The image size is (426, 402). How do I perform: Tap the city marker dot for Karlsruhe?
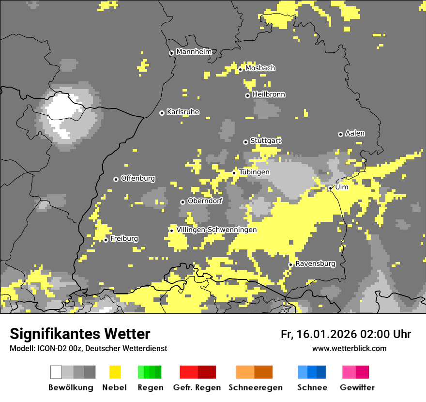tap(162, 113)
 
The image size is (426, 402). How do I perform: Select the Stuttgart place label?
tap(265, 140)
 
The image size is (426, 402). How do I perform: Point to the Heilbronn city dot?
tap(248, 95)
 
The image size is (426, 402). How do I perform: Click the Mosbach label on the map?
tap(260, 68)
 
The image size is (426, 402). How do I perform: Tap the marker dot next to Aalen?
tap(340, 134)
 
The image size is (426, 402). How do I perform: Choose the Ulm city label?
tap(342, 187)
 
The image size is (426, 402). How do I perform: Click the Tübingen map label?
tap(254, 172)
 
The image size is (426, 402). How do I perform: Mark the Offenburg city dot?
tap(116, 179)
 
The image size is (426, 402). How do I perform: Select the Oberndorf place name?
tap(205, 201)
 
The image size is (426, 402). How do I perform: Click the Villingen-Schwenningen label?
tap(216, 230)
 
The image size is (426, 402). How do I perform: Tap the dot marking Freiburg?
tap(106, 240)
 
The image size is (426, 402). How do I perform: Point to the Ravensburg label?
tap(315, 263)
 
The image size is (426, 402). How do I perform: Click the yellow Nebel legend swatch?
tap(115, 372)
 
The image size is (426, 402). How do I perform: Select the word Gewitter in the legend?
tap(357, 387)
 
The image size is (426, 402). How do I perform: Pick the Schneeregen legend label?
tap(255, 387)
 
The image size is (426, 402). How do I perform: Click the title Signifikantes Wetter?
tap(80, 334)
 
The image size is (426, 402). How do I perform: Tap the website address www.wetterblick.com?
tap(349, 348)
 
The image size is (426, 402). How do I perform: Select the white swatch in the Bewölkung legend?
tap(56, 372)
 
